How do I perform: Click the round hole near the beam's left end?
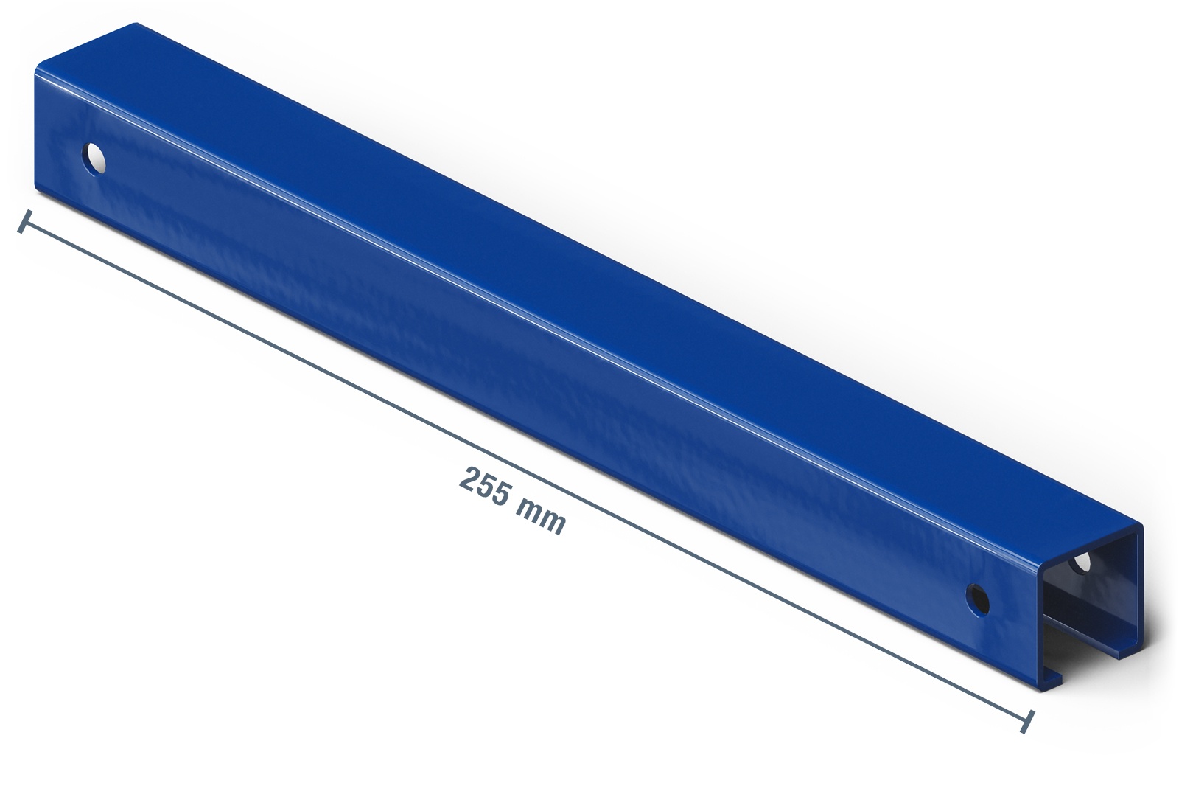coord(94,159)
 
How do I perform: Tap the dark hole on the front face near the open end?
coord(977,599)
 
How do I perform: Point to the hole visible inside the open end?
coord(1080,563)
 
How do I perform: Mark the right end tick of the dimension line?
coord(1027,722)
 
